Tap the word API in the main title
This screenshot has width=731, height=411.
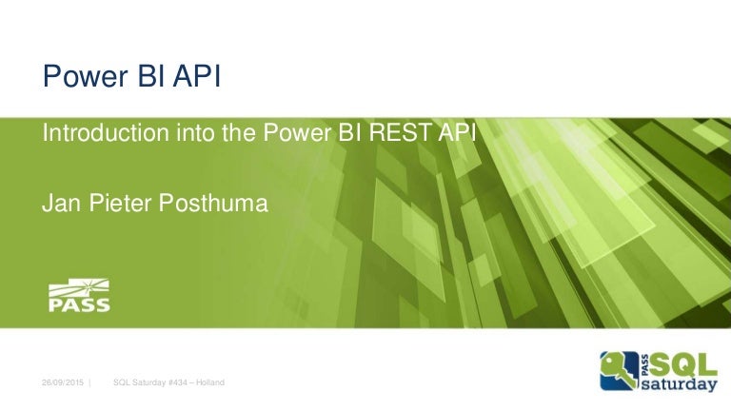click(194, 75)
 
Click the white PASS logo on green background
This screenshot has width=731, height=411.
click(79, 296)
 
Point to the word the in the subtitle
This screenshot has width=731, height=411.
click(234, 135)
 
